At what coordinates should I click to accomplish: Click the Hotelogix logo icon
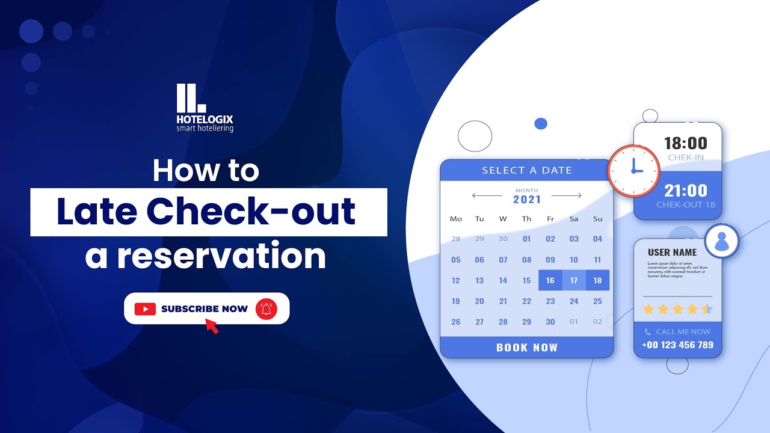point(191,97)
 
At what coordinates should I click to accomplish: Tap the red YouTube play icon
point(145,309)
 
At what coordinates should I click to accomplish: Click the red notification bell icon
point(266,309)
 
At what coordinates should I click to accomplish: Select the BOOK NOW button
point(527,348)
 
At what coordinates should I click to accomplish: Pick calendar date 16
point(550,280)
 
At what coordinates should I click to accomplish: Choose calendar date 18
point(597,280)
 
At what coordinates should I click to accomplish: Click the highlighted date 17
point(574,280)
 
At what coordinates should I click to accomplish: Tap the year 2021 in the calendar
point(527,200)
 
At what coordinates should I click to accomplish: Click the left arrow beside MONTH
point(487,195)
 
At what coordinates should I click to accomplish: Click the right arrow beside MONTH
point(567,195)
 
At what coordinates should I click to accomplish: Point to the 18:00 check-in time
point(685,143)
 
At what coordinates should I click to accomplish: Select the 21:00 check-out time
point(685,191)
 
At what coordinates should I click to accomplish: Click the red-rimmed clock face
point(633,170)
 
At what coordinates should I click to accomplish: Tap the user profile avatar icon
point(721,242)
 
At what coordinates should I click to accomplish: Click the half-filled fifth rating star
point(707,309)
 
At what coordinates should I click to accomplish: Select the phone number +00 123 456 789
point(677,345)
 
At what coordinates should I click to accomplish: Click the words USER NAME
point(672,253)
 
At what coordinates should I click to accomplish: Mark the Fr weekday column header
point(550,219)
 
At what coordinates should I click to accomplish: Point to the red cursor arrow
point(212,326)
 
